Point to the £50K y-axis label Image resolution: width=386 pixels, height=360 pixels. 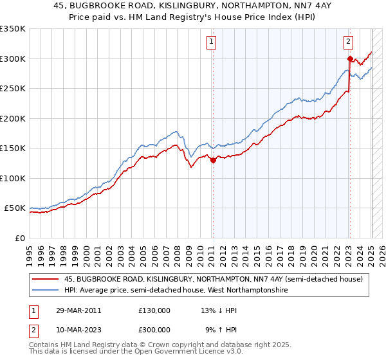(x=15, y=208)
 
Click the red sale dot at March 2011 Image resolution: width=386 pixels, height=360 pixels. (x=213, y=161)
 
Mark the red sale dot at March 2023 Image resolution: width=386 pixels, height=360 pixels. (x=349, y=59)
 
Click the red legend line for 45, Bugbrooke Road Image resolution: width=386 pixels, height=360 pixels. (x=46, y=279)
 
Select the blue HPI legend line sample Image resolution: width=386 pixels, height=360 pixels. (x=46, y=290)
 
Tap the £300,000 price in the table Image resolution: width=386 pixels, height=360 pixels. (x=154, y=329)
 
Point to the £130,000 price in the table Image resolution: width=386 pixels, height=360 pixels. (x=154, y=310)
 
